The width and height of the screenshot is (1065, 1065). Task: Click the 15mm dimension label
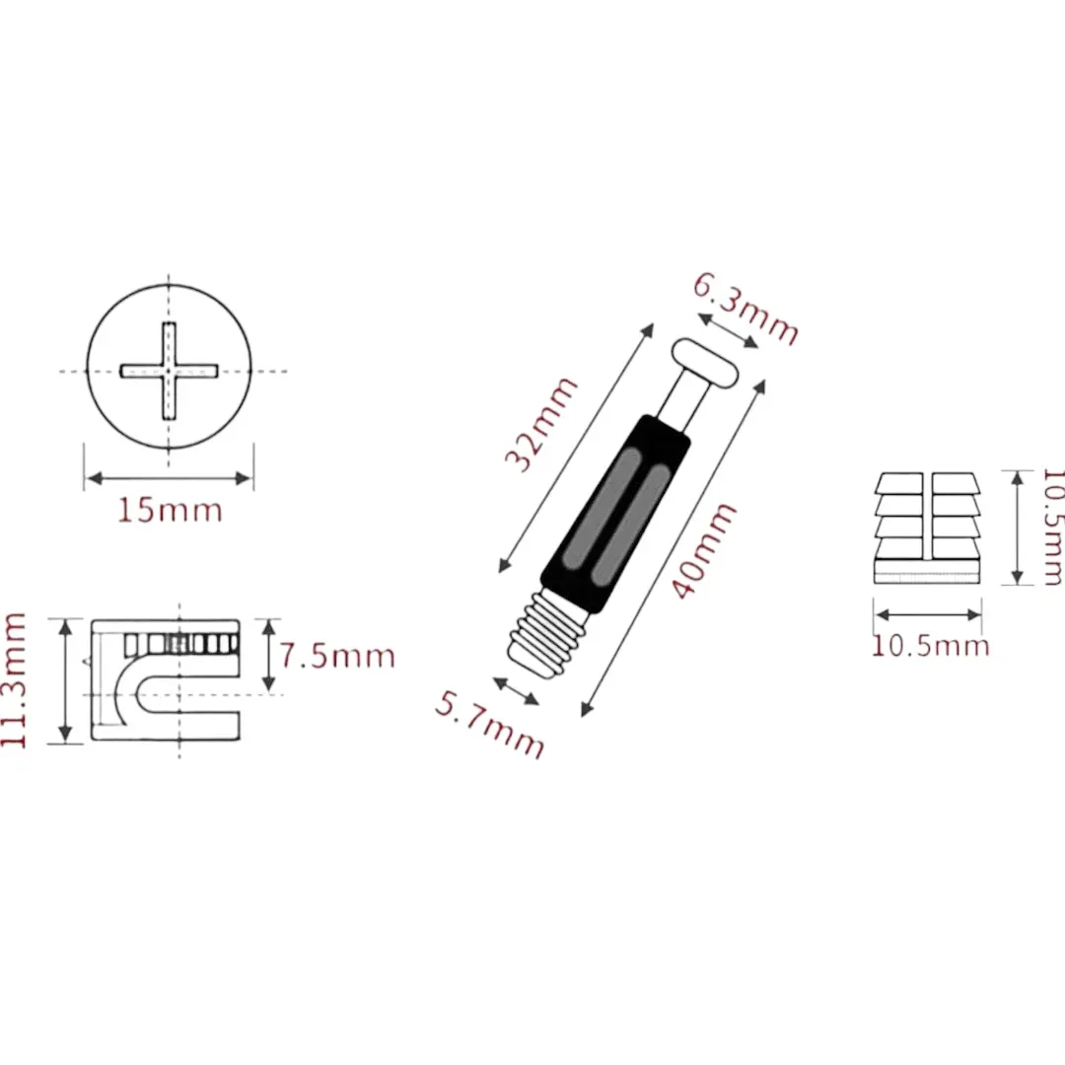tap(170, 511)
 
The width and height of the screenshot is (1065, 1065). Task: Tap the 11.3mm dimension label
tap(16, 679)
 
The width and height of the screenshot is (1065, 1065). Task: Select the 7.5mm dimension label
tap(336, 656)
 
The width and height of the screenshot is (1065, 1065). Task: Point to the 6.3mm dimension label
tap(745, 310)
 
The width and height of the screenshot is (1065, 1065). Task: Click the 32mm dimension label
tap(539, 424)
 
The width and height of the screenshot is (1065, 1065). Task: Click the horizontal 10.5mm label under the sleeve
tap(929, 646)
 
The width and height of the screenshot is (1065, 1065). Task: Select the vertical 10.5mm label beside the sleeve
tap(1051, 528)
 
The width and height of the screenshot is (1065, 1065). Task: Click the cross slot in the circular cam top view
tap(169, 371)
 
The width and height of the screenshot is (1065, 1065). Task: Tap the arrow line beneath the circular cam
tap(169, 479)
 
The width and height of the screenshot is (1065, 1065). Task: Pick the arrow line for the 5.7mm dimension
tap(516, 691)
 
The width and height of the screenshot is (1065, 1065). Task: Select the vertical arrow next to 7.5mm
tap(268, 656)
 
